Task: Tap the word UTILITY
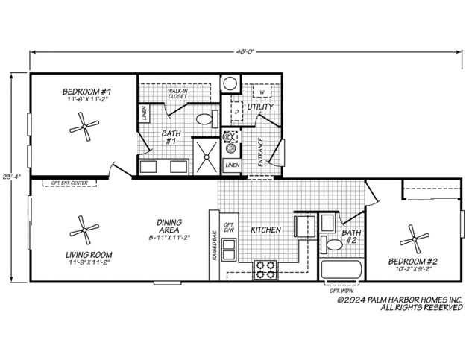[261, 107]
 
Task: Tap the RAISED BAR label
[215, 244]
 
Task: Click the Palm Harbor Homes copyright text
[400, 303]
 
